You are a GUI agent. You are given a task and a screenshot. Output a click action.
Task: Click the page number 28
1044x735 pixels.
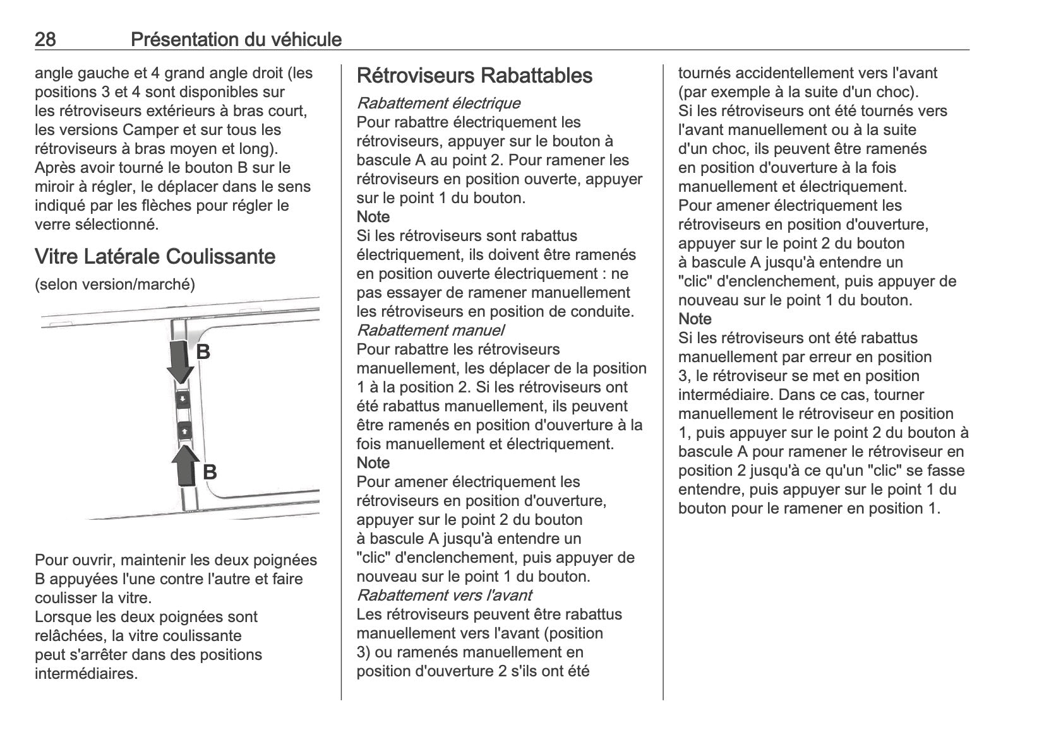pos(45,40)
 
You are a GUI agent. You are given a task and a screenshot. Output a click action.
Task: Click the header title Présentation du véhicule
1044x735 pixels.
pos(236,40)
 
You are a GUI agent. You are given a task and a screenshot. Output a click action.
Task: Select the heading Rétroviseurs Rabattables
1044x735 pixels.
pos(474,76)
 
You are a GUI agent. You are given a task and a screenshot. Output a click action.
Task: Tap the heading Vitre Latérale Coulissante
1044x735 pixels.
pos(155,257)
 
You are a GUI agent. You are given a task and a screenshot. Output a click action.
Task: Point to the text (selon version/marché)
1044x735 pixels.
pos(115,285)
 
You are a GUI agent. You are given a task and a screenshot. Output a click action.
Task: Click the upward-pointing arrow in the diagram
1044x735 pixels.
pos(185,466)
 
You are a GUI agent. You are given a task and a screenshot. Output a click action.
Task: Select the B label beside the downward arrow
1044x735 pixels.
pos(203,351)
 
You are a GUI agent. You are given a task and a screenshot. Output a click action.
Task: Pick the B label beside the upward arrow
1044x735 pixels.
pos(210,472)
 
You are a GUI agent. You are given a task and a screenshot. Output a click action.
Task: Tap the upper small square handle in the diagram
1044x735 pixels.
pos(183,399)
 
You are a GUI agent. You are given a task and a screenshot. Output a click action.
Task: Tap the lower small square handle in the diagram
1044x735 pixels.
pos(184,431)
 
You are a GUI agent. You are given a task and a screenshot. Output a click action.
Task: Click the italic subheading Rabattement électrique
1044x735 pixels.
pos(438,103)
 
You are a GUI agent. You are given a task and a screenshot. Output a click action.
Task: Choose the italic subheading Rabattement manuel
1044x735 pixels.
pos(430,330)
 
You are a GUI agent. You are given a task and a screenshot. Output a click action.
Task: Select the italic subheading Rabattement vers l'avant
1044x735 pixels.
pos(444,595)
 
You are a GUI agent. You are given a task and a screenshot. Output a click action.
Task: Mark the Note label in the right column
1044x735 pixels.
pos(695,319)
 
